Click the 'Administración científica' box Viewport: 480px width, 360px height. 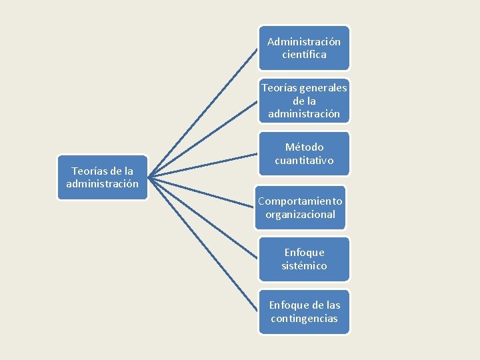click(x=304, y=48)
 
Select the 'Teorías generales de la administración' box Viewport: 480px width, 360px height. click(x=304, y=101)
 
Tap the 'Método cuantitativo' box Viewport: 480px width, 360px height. click(x=304, y=154)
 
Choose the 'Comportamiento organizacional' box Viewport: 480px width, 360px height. click(x=301, y=207)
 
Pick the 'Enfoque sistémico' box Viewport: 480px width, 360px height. click(x=304, y=259)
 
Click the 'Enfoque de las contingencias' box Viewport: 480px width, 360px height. click(x=304, y=311)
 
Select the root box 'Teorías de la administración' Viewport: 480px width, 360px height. click(x=102, y=177)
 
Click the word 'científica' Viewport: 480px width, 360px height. click(x=304, y=55)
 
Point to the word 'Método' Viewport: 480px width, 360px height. click(x=304, y=147)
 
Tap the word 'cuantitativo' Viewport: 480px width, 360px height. click(x=304, y=161)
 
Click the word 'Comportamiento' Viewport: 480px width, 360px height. click(x=301, y=201)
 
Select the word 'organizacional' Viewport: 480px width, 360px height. click(x=301, y=215)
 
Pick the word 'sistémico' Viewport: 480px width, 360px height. click(x=304, y=266)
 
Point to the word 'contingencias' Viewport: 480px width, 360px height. click(x=304, y=319)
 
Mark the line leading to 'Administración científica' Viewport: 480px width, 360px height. click(x=203, y=112)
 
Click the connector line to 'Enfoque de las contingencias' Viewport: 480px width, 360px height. click(x=203, y=245)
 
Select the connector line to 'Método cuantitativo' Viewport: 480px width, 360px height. click(x=203, y=166)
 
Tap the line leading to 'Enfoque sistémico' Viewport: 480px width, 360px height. click(x=203, y=219)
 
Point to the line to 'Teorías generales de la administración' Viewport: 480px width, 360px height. click(x=203, y=139)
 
